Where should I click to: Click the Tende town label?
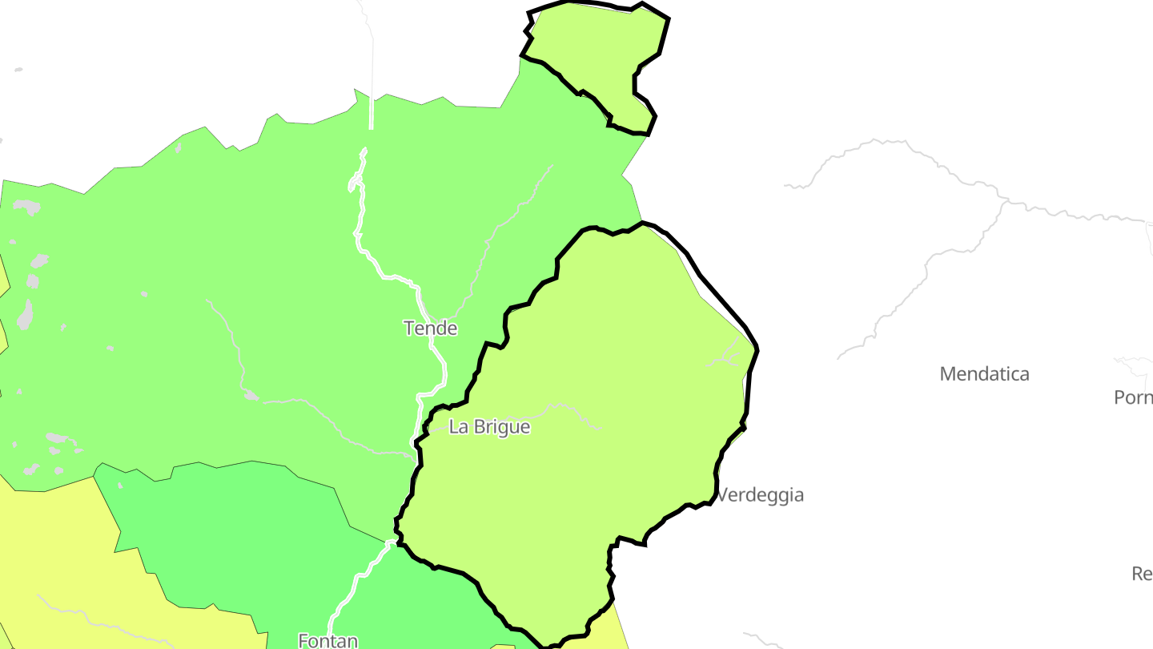pyautogui.click(x=431, y=329)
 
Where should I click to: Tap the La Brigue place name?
pyautogui.click(x=489, y=427)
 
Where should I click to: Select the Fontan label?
pyautogui.click(x=327, y=640)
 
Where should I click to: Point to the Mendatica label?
pyautogui.click(x=984, y=374)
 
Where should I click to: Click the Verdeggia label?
pyautogui.click(x=760, y=495)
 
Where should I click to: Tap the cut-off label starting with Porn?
pyautogui.click(x=1133, y=397)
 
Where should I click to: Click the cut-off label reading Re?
pyautogui.click(x=1142, y=574)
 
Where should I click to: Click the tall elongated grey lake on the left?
pyautogui.click(x=25, y=314)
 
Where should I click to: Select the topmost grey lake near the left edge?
pyautogui.click(x=26, y=207)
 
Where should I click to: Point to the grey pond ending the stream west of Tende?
pyautogui.click(x=250, y=395)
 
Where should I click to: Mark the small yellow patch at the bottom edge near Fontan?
pyautogui.click(x=503, y=646)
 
